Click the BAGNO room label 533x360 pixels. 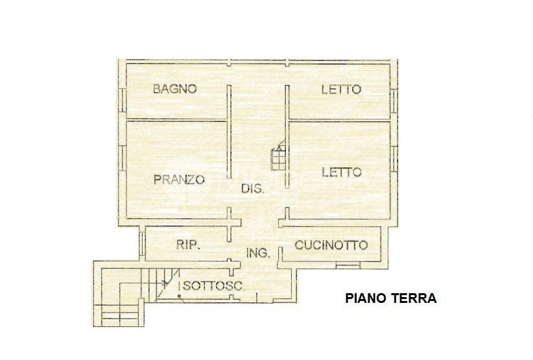[x=174, y=89]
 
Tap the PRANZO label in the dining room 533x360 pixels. [x=179, y=180]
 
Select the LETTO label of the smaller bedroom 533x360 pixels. [x=341, y=90]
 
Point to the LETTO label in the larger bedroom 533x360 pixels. [x=342, y=172]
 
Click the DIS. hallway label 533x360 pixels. [x=253, y=188]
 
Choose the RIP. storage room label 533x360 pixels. [x=187, y=245]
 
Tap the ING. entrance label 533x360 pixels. [x=258, y=252]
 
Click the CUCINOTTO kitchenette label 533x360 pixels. [x=331, y=245]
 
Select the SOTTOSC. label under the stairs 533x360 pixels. [x=214, y=285]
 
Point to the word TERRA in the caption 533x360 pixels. [x=414, y=298]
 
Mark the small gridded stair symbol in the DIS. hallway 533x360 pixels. [x=278, y=158]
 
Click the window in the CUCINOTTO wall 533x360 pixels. [x=348, y=265]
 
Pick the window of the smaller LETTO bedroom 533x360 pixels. [x=394, y=101]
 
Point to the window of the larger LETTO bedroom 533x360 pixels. [x=394, y=159]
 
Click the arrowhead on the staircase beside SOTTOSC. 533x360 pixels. [x=165, y=282]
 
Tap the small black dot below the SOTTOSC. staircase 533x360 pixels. [x=179, y=296]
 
